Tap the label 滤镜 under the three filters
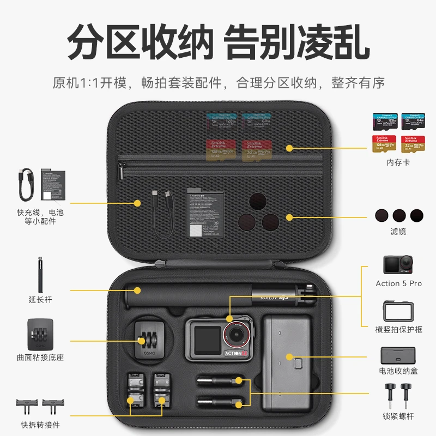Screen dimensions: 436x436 click(x=398, y=232)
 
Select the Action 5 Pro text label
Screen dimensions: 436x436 click(x=398, y=283)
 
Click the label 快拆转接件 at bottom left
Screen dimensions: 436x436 click(x=41, y=424)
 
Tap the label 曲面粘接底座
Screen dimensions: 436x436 click(x=41, y=358)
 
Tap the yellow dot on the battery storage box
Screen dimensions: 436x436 click(x=290, y=357)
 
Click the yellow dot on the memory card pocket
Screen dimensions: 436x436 click(x=290, y=148)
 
